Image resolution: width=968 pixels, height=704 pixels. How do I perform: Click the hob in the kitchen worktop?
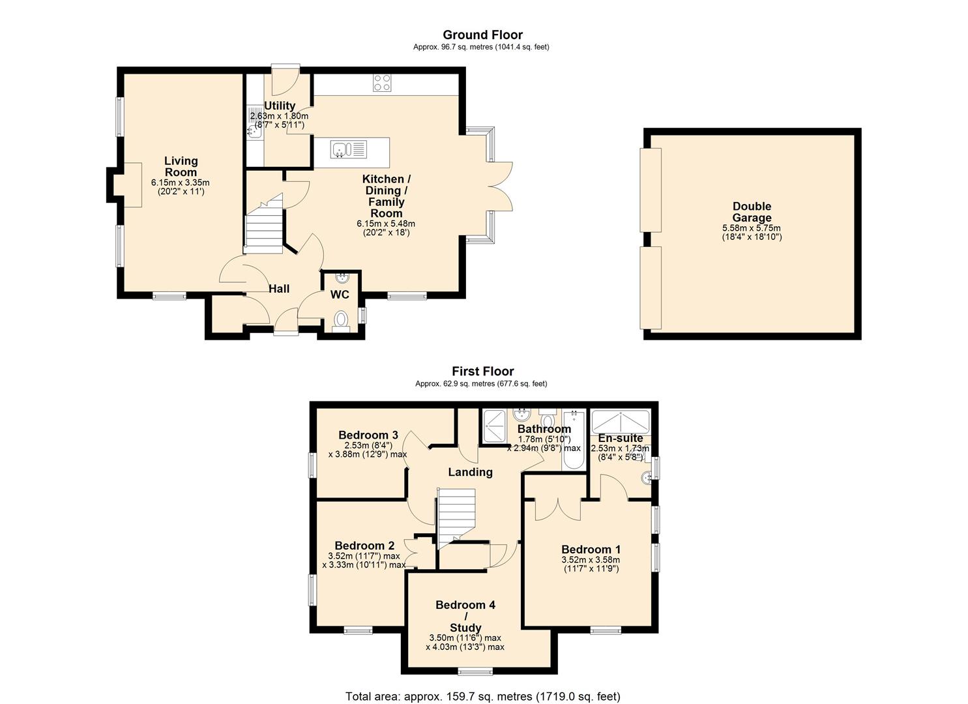point(382,83)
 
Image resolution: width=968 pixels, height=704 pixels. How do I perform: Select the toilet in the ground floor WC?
point(341,320)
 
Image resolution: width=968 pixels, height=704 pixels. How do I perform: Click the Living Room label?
point(181,166)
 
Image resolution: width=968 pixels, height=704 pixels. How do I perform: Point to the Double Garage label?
point(752,212)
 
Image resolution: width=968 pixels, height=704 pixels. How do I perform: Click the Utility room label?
point(280,106)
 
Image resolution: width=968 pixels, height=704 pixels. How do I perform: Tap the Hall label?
point(279,289)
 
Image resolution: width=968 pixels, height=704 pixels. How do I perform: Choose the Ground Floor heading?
point(482,35)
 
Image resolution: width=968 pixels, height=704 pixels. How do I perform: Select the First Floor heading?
point(482,371)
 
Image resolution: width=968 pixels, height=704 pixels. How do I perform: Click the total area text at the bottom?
point(482,696)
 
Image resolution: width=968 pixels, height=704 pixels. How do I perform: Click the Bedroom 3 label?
point(368,435)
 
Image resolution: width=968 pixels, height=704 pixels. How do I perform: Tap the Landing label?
point(470,472)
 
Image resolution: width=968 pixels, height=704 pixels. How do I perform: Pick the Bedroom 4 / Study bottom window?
point(475,671)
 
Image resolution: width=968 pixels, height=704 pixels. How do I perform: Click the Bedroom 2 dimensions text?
point(364,561)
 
